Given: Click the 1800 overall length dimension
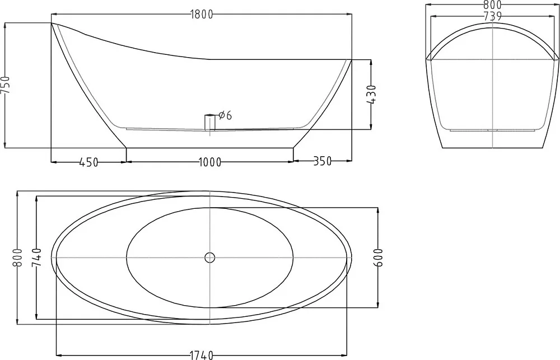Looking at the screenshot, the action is (202, 15).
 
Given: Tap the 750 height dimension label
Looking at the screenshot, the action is (6, 85).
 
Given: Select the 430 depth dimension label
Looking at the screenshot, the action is (371, 95).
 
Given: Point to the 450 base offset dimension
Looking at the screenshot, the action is (88, 162).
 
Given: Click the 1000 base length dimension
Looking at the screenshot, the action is (210, 162).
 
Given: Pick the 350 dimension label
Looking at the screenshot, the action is (322, 161).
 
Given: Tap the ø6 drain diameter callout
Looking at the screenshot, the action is (225, 115).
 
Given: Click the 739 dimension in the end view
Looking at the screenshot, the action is (493, 16).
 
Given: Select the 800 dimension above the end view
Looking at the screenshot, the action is (493, 4).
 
